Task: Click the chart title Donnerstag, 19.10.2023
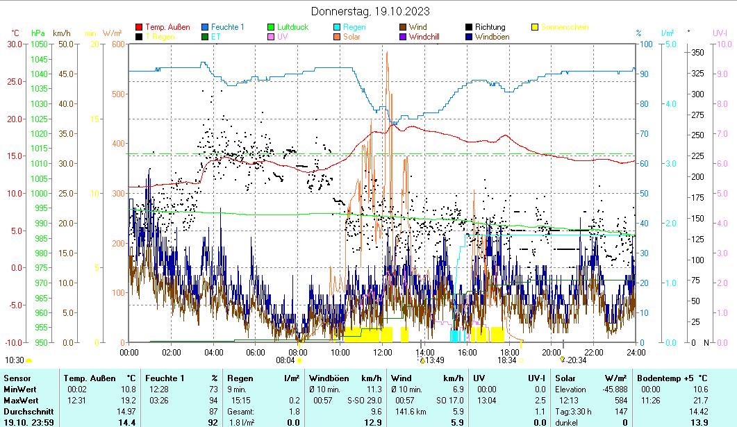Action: [370, 11]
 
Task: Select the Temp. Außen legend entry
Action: [167, 27]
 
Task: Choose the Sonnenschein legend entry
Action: [565, 27]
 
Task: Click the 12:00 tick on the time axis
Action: [383, 351]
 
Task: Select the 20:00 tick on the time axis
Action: [552, 351]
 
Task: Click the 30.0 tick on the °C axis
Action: [15, 44]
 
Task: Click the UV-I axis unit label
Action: [720, 33]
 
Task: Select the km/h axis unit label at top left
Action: [61, 33]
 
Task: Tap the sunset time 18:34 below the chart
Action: [506, 360]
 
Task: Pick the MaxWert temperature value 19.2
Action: [129, 401]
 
